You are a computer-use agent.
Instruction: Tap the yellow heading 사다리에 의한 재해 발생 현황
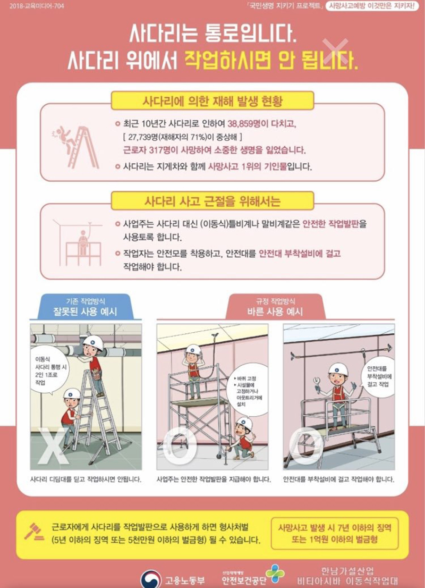[212, 101]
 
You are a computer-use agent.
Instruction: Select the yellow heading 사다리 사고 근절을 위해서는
[212, 201]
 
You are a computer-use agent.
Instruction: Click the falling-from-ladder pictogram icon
[76, 147]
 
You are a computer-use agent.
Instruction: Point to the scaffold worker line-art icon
[77, 242]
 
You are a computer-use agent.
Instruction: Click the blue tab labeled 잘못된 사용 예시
[86, 307]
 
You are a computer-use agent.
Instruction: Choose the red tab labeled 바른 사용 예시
[275, 307]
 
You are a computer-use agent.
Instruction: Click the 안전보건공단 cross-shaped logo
[275, 573]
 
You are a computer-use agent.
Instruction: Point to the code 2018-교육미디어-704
[37, 6]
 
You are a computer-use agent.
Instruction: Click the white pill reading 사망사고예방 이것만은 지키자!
[372, 6]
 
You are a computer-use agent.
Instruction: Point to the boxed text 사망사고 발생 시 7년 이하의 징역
[334, 527]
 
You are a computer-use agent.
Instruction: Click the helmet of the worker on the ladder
[93, 342]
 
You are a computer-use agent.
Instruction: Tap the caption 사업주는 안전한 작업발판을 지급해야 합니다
[213, 480]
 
